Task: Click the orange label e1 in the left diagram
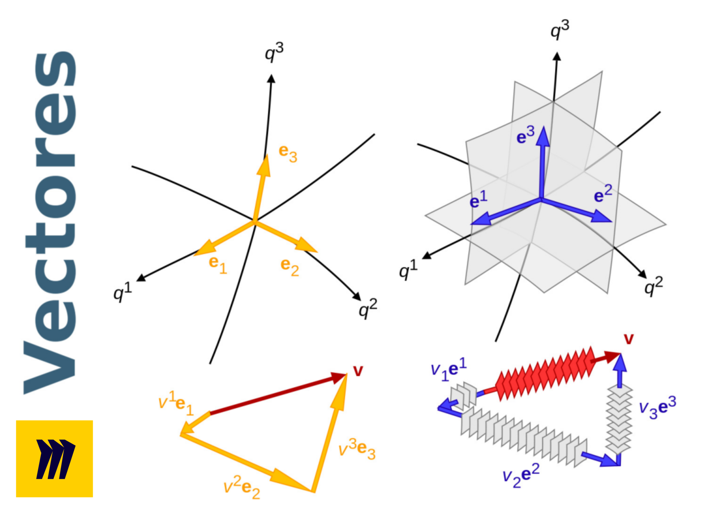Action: click(x=218, y=265)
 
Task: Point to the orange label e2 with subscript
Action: click(x=290, y=267)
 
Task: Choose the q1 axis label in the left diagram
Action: click(x=122, y=292)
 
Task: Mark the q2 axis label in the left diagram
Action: click(x=367, y=308)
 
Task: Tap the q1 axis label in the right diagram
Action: click(x=408, y=269)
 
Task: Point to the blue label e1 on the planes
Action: click(x=478, y=199)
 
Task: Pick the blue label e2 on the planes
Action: click(x=603, y=194)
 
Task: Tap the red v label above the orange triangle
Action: click(x=358, y=371)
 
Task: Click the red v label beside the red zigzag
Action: click(x=628, y=339)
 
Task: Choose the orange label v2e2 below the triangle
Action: click(x=242, y=488)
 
